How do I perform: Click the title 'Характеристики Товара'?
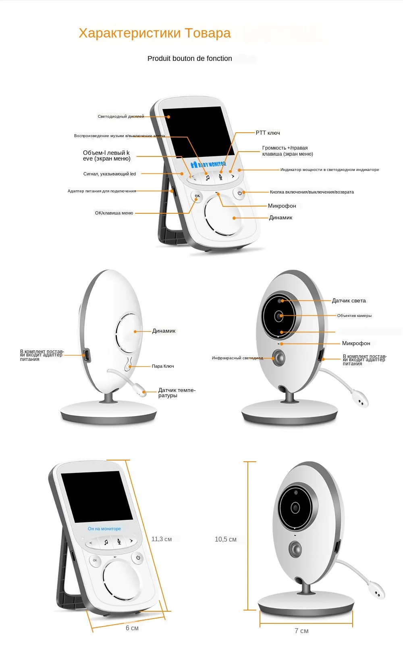[x=155, y=33]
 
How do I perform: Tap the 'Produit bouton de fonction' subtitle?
[x=189, y=58]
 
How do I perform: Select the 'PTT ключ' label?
[x=268, y=133]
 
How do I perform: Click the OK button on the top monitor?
[x=197, y=196]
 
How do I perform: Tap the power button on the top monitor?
[x=239, y=193]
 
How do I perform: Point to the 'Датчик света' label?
[x=349, y=300]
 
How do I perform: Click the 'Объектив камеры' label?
[x=354, y=316]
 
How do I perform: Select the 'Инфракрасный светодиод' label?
[x=237, y=358]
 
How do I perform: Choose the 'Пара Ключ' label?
[x=163, y=366]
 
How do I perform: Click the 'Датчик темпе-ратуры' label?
[x=177, y=393]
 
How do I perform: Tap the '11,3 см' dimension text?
[x=162, y=539]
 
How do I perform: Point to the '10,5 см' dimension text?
[x=226, y=539]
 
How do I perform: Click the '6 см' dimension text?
[x=132, y=628]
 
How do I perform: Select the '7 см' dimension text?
[x=301, y=631]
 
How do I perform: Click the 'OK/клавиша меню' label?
[x=114, y=213]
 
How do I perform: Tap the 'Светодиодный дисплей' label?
[x=121, y=117]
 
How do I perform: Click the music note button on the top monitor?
[x=208, y=177]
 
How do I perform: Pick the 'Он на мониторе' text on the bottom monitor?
[x=104, y=529]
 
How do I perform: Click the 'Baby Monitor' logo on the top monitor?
[x=208, y=165]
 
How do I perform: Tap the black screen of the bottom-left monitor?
[x=97, y=497]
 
